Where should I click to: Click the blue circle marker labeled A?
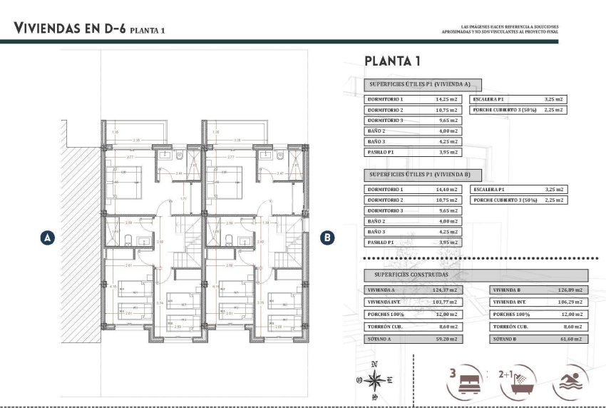(48, 238)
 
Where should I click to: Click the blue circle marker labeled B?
(327, 238)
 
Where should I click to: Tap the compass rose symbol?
(374, 380)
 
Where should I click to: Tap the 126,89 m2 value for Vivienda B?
(570, 290)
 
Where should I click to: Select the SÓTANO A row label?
(380, 339)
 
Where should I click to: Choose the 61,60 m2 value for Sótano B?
(572, 339)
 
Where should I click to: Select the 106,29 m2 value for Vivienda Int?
(570, 302)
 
